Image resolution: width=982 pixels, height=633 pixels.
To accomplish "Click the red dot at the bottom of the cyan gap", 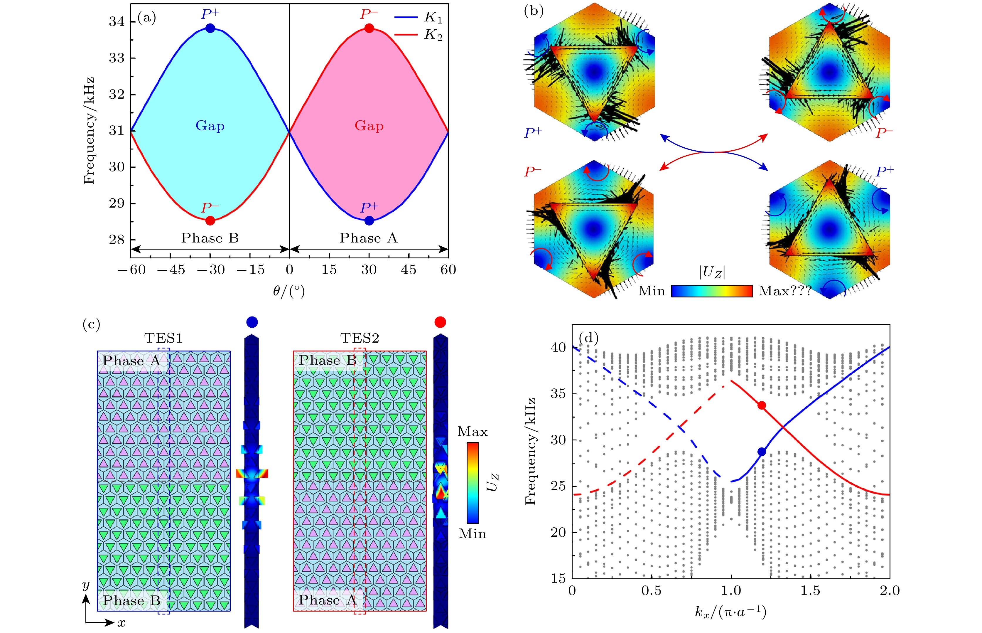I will [210, 221].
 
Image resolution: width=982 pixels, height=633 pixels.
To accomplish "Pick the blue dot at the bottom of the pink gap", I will [369, 221].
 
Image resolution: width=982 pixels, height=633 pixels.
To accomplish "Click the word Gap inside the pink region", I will [369, 126].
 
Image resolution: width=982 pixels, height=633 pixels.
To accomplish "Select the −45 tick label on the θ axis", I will [171, 270].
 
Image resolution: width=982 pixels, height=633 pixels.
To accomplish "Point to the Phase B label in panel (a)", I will [210, 238].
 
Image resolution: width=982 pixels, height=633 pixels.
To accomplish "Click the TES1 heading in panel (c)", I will [163, 338].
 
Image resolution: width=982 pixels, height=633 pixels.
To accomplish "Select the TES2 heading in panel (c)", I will [360, 338].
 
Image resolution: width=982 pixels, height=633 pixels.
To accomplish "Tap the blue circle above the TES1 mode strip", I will [252, 322].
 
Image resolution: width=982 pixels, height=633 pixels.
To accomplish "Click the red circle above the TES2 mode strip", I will [440, 322].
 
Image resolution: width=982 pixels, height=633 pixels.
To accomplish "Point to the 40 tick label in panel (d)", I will [558, 348].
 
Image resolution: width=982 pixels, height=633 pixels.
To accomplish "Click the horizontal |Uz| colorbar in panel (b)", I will [712, 291].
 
